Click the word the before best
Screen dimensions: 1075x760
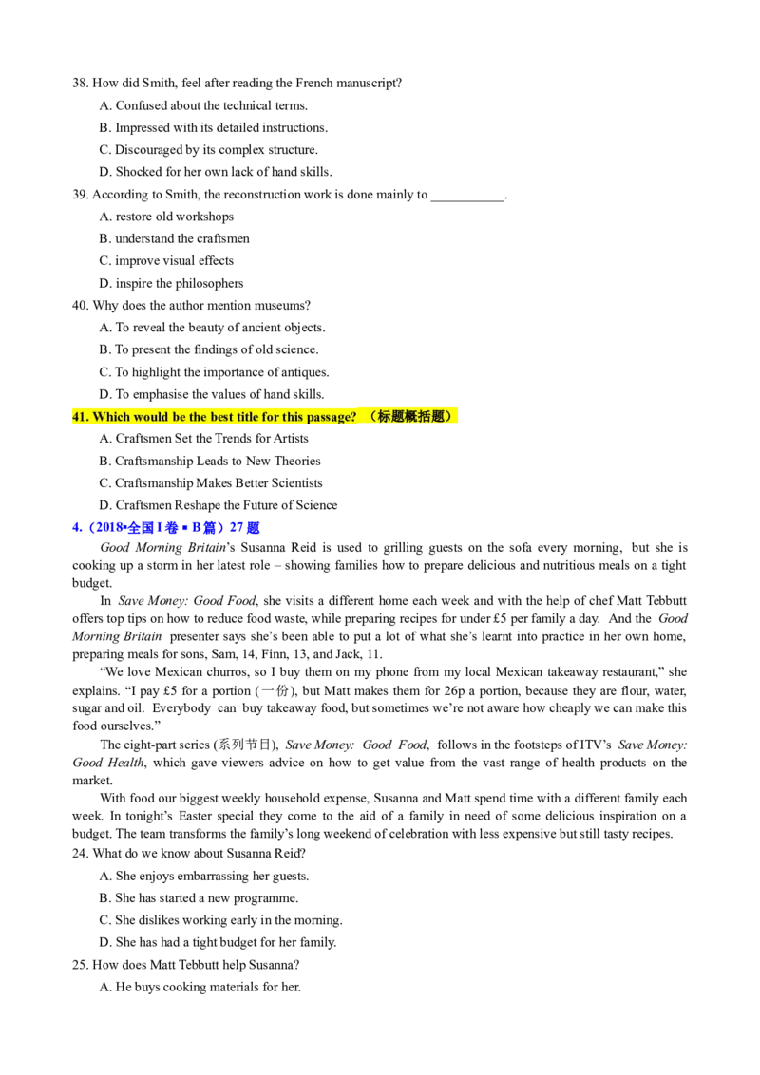point(199,416)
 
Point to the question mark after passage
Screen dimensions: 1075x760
point(353,416)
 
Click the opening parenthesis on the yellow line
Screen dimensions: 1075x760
point(373,416)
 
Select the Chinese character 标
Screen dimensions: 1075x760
point(385,416)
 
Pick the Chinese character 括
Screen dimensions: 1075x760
point(426,416)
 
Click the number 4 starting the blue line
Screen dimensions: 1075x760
point(74,527)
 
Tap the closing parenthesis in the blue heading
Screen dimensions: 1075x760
point(220,527)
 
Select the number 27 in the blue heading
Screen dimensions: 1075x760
point(237,527)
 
